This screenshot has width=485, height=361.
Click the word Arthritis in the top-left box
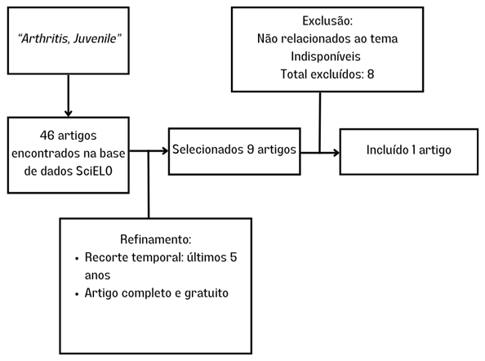[x=45, y=38]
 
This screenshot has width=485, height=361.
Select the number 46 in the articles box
[x=47, y=136]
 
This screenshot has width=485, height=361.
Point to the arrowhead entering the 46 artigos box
[x=69, y=113]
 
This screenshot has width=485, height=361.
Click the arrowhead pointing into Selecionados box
[x=164, y=151]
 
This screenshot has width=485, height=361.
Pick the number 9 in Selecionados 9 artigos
[x=251, y=149]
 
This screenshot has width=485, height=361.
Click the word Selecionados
[x=207, y=149]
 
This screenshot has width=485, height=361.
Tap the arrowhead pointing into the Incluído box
[x=336, y=153]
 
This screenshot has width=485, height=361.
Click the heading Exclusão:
[x=327, y=20]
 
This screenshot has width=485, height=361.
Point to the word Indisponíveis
[x=326, y=56]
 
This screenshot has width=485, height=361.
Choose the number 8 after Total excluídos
[x=371, y=74]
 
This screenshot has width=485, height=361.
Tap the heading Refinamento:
[x=156, y=239]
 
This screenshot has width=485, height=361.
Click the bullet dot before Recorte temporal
[x=77, y=258]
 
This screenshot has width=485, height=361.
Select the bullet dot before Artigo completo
[x=77, y=294]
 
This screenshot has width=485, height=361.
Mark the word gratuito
[x=207, y=293]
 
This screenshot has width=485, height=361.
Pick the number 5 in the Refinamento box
[x=234, y=257]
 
